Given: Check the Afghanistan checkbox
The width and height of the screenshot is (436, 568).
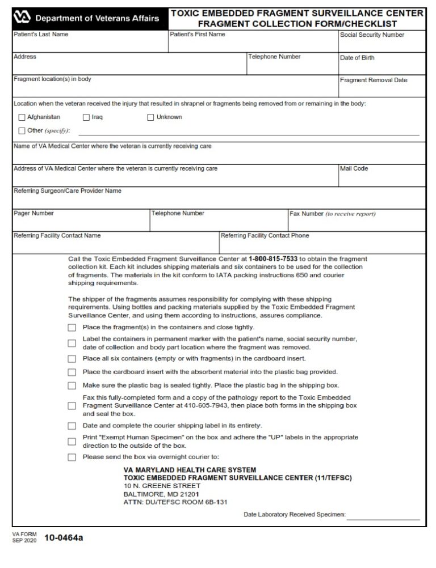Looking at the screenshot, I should (22, 117).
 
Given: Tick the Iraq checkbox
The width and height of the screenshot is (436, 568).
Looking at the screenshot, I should (86, 117).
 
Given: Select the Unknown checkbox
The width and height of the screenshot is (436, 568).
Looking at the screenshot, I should (151, 117).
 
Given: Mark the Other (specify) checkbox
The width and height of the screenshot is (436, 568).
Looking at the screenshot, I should (22, 130).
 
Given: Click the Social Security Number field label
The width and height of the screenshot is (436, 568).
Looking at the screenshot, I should (372, 35).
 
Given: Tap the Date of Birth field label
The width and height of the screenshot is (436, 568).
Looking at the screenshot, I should (357, 58).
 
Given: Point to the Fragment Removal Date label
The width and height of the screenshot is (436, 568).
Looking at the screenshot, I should (373, 80).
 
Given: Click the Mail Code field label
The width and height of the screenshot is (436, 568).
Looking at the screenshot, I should (354, 169).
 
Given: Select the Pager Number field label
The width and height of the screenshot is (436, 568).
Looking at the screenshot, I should (33, 214).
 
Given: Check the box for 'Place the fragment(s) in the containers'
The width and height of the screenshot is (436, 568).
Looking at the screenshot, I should (72, 328).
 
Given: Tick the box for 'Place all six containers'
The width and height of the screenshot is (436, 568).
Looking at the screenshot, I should (72, 359).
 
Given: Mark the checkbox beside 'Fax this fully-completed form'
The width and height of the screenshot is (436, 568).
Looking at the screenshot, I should (72, 406).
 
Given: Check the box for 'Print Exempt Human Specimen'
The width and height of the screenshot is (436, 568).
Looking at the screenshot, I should (72, 442).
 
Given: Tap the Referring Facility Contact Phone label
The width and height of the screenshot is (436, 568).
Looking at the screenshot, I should (265, 236).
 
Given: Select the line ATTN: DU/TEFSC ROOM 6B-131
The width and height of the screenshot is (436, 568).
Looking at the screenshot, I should (175, 502).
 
